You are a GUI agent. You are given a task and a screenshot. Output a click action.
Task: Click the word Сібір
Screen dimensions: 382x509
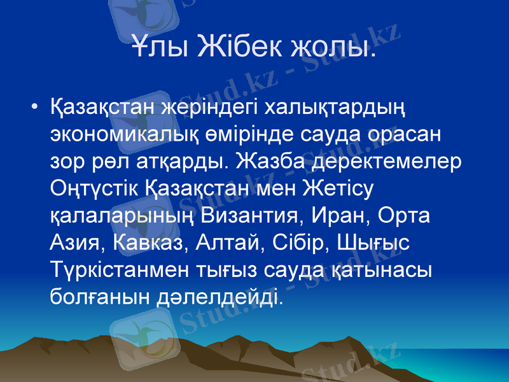click(294, 242)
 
